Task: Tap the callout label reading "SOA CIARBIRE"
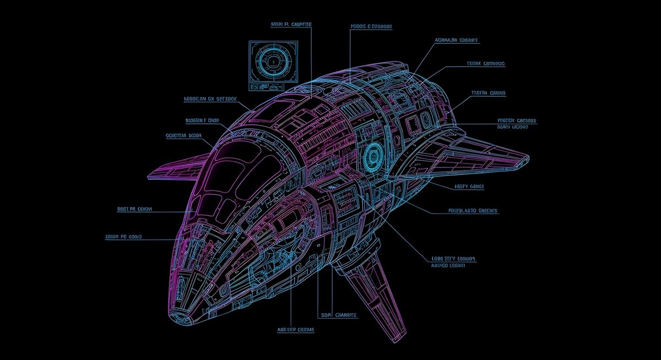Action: [338, 315]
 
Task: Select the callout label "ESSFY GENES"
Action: [469, 187]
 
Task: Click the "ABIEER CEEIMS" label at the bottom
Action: [295, 330]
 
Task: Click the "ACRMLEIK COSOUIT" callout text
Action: [457, 40]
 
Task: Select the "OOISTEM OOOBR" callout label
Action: [183, 135]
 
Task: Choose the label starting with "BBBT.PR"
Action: [135, 209]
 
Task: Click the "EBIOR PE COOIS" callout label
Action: [123, 237]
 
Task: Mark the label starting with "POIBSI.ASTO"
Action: [473, 210]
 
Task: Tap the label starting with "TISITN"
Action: [489, 94]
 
